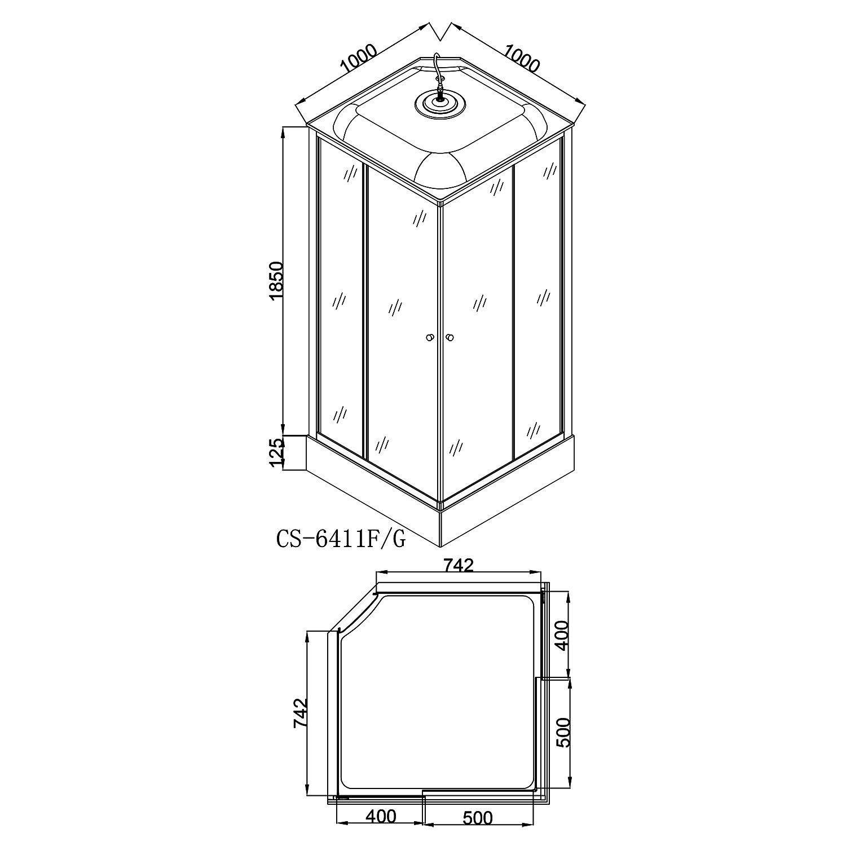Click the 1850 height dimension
276,280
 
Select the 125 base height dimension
276,453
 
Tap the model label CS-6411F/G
341,539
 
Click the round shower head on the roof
437,103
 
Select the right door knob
450,338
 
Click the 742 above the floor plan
459,565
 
